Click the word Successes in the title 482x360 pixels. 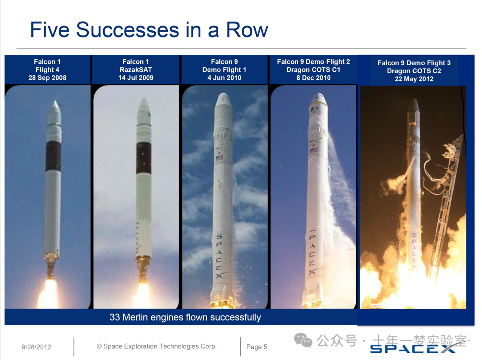click(x=128, y=30)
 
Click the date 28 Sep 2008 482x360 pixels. click(x=47, y=78)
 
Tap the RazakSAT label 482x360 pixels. click(x=136, y=70)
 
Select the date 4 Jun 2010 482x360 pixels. click(x=224, y=78)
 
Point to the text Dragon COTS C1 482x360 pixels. click(x=313, y=70)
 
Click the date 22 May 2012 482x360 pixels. click(x=414, y=79)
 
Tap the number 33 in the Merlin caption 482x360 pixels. click(x=115, y=317)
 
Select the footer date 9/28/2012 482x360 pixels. click(x=36, y=347)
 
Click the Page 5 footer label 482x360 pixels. click(x=257, y=347)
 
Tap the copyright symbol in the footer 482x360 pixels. click(x=99, y=347)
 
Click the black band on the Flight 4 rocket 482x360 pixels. click(x=53, y=156)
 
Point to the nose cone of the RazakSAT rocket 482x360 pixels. click(x=144, y=111)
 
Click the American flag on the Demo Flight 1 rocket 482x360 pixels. click(x=219, y=158)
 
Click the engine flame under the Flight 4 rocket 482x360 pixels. click(x=49, y=294)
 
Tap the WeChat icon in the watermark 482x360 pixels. click(x=303, y=340)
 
